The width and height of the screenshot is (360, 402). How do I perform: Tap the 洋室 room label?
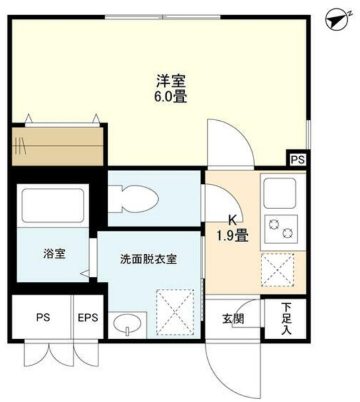tap(171, 81)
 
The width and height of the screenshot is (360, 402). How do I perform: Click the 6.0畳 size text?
tap(170, 97)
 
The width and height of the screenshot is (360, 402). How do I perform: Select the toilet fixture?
tap(133, 199)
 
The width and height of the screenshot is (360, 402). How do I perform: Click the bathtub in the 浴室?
tap(53, 206)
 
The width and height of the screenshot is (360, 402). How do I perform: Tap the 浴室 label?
tap(54, 254)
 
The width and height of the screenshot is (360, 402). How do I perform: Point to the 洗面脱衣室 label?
tap(149, 259)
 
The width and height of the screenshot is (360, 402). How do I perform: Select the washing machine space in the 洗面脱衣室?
tap(175, 312)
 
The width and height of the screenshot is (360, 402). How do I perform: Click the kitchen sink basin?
tap(280, 193)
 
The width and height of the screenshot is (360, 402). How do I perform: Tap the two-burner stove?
tap(281, 229)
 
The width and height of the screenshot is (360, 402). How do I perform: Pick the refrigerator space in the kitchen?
tap(278, 270)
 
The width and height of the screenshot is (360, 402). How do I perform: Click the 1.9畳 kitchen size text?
tap(232, 235)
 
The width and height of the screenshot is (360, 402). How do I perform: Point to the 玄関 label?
tap(233, 319)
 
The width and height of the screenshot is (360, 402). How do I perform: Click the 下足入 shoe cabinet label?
tap(287, 319)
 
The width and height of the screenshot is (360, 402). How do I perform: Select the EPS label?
tap(88, 318)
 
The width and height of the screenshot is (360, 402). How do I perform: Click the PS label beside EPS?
tap(43, 318)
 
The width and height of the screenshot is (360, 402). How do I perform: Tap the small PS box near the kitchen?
tap(297, 160)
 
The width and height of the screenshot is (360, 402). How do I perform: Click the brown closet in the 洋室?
tap(58, 146)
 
